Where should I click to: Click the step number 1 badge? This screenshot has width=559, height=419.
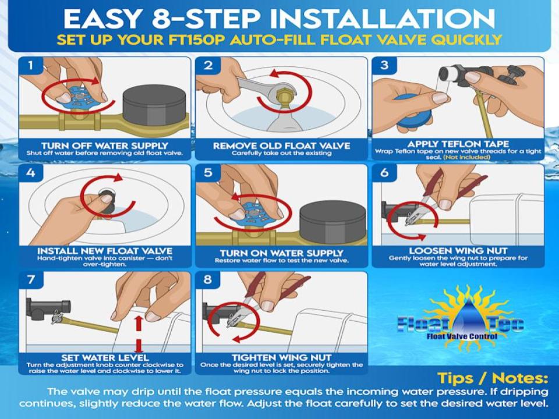(x=31, y=66)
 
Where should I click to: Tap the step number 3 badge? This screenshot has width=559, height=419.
(x=384, y=66)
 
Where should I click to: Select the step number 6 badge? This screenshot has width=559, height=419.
(x=384, y=173)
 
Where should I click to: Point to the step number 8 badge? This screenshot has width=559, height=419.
(x=208, y=280)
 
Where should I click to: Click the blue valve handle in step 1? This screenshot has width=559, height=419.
(x=77, y=98)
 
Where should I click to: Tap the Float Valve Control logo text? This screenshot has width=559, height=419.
(x=462, y=336)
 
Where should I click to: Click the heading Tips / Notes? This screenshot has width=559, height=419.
(x=493, y=378)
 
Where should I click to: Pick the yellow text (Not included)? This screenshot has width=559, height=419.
(x=466, y=157)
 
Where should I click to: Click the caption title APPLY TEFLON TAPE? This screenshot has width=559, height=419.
(x=458, y=144)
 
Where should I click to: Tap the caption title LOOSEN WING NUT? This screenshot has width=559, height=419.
(x=458, y=251)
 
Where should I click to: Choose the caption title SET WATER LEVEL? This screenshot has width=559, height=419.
(x=105, y=358)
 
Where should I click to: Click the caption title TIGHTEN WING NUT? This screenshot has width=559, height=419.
(x=282, y=358)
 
